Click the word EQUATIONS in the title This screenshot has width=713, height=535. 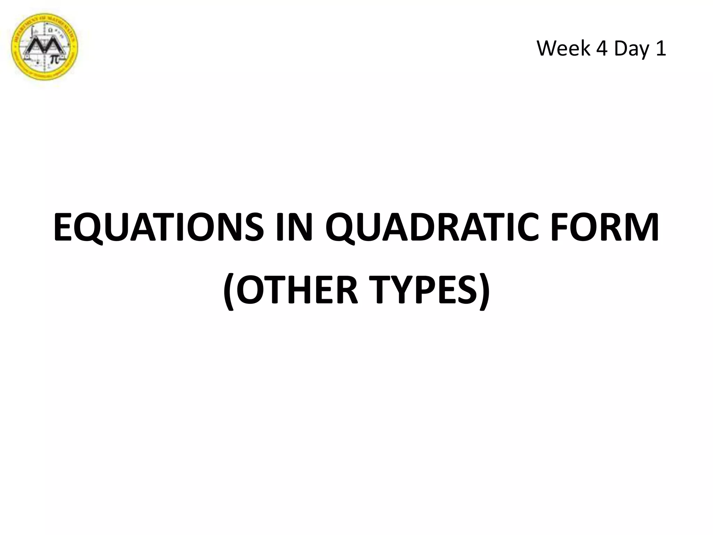(x=158, y=228)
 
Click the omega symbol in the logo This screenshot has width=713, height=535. (x=51, y=30)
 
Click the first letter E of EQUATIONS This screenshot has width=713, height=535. (x=64, y=228)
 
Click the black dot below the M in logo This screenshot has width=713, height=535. (x=38, y=63)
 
